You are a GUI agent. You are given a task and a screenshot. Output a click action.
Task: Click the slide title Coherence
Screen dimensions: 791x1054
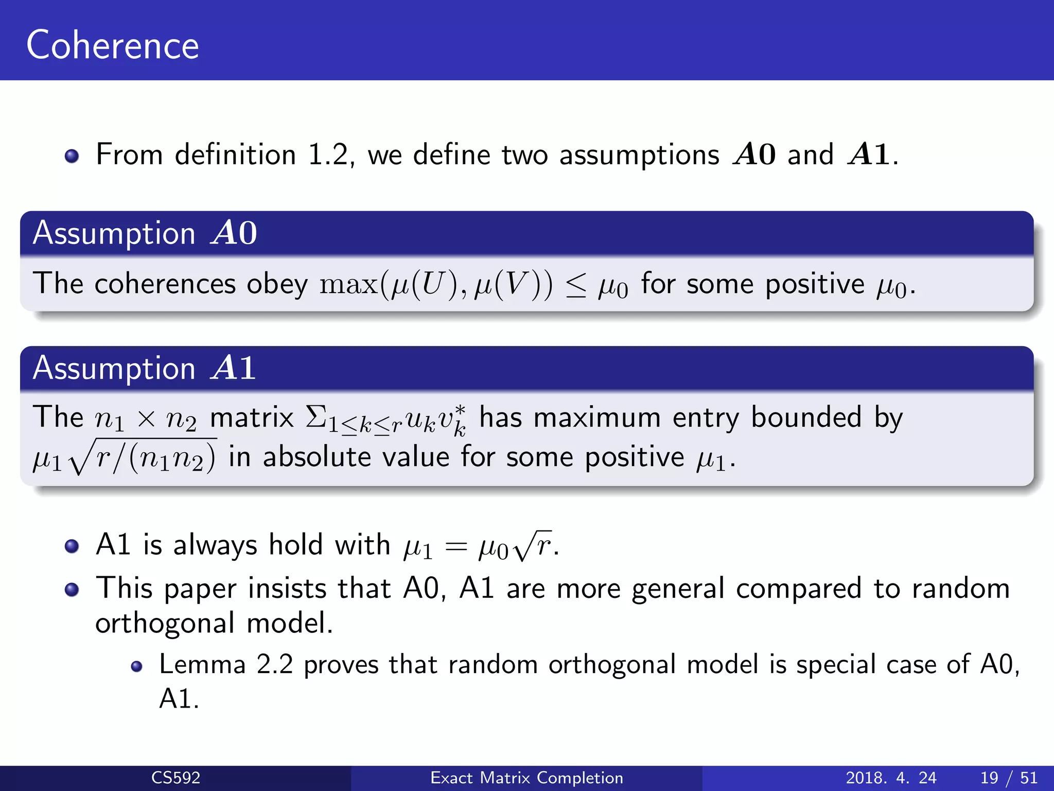pyautogui.click(x=112, y=45)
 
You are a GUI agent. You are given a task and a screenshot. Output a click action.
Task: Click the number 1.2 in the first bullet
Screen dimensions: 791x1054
pyautogui.click(x=328, y=154)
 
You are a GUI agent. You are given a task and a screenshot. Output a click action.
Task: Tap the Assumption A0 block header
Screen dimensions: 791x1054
pyautogui.click(x=145, y=233)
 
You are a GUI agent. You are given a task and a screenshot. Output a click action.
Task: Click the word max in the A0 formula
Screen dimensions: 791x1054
pyautogui.click(x=348, y=285)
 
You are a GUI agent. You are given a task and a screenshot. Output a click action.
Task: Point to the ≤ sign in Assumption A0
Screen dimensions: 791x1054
pyautogui.click(x=575, y=286)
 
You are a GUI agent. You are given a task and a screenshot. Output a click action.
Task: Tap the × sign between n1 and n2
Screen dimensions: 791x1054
pyautogui.click(x=146, y=418)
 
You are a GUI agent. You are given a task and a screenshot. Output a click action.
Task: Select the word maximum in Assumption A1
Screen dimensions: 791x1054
pyautogui.click(x=596, y=417)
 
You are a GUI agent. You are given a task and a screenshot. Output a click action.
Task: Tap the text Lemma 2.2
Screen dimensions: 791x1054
pyautogui.click(x=226, y=664)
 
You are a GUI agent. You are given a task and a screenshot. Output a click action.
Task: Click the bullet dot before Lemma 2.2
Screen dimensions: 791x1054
pyautogui.click(x=136, y=667)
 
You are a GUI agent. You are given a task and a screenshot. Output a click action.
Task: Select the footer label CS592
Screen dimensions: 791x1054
pyautogui.click(x=175, y=777)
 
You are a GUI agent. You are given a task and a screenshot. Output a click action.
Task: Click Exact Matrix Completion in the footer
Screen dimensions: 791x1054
pyautogui.click(x=526, y=777)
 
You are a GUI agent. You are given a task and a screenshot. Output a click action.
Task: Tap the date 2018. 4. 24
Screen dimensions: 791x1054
pyautogui.click(x=891, y=777)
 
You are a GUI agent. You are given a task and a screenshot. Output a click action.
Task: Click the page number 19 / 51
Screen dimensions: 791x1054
pyautogui.click(x=1009, y=777)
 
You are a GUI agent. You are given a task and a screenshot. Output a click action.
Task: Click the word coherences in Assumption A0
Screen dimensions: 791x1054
pyautogui.click(x=165, y=284)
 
